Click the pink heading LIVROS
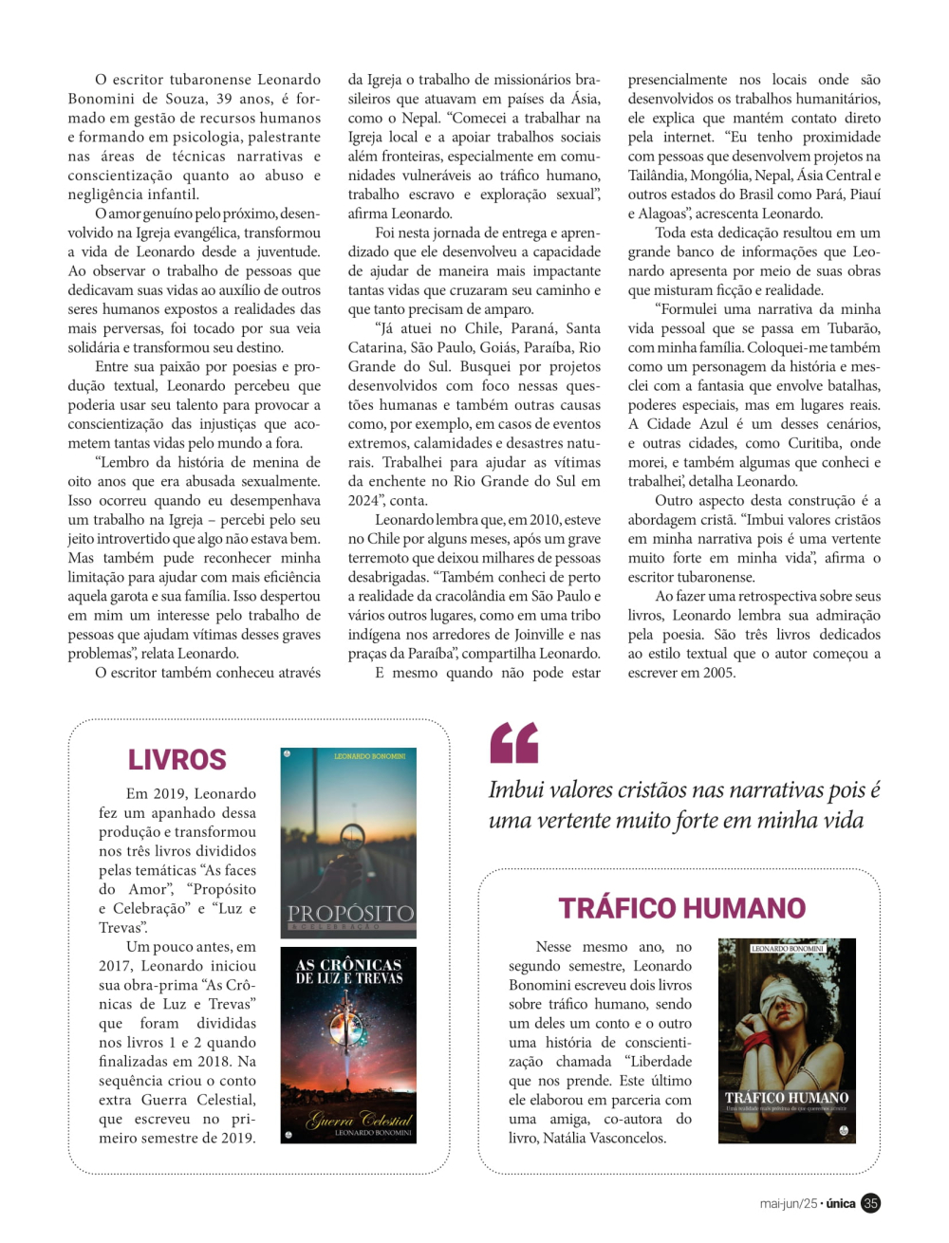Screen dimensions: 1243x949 (x=177, y=759)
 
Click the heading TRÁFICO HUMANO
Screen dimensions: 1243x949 (x=681, y=908)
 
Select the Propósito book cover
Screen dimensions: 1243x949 (x=348, y=842)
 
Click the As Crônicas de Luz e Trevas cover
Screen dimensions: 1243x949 (x=348, y=1044)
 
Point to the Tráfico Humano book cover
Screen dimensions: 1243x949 (x=787, y=1040)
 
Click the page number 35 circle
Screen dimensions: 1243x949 (x=870, y=1203)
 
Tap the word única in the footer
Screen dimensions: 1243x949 (x=841, y=1203)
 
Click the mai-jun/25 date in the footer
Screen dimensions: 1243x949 (x=788, y=1203)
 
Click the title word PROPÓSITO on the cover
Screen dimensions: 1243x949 (x=349, y=913)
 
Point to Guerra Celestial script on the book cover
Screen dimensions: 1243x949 (x=358, y=1120)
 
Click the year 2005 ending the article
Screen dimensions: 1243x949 (x=718, y=672)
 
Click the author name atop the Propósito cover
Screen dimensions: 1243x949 (x=369, y=756)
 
